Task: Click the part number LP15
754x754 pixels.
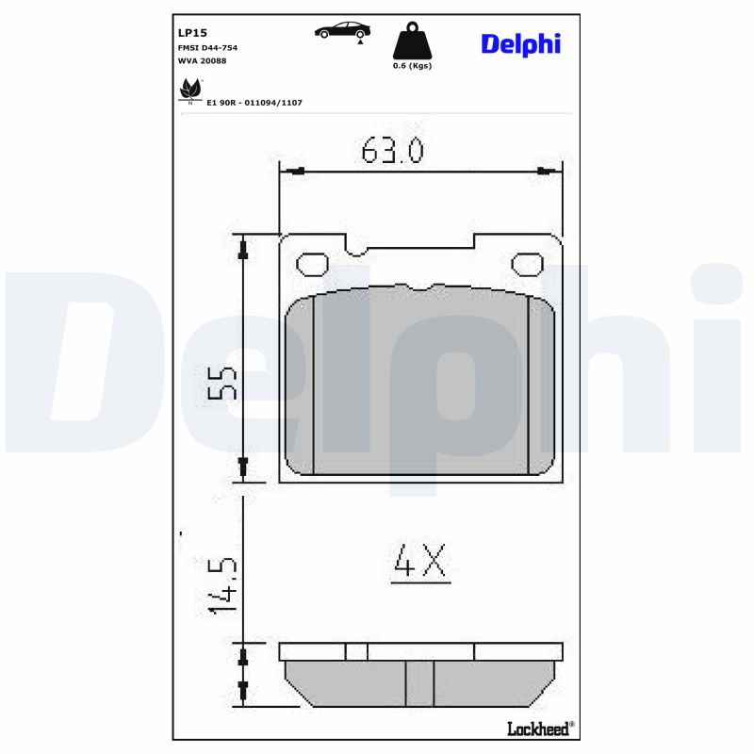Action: pyautogui.click(x=193, y=31)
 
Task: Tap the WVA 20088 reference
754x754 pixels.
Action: pyautogui.click(x=202, y=60)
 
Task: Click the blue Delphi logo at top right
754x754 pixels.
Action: pyautogui.click(x=520, y=43)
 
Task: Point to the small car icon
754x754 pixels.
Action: pyautogui.click(x=341, y=30)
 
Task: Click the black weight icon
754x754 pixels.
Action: pyautogui.click(x=411, y=41)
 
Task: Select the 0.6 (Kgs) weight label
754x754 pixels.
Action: pyautogui.click(x=412, y=66)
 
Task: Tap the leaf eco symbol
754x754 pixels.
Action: pyautogui.click(x=189, y=90)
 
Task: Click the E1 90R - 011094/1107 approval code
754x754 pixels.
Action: pyautogui.click(x=254, y=102)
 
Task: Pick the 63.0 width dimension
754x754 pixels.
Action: pyautogui.click(x=392, y=151)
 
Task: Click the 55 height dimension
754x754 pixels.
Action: pyautogui.click(x=221, y=384)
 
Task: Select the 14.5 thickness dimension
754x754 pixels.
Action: pyautogui.click(x=221, y=584)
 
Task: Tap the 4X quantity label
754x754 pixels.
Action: pyautogui.click(x=419, y=563)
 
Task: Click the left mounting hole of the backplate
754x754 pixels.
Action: pyautogui.click(x=311, y=265)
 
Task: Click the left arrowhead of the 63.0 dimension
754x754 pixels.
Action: pyautogui.click(x=295, y=172)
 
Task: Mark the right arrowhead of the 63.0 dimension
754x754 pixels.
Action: pyautogui.click(x=544, y=172)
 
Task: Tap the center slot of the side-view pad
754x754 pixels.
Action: pyautogui.click(x=419, y=683)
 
